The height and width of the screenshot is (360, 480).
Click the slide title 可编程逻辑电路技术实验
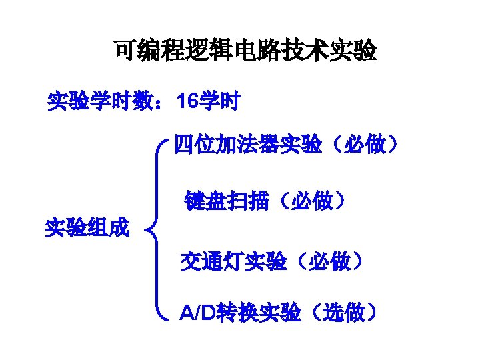click(x=245, y=51)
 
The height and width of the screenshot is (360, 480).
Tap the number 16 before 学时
click(x=186, y=102)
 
